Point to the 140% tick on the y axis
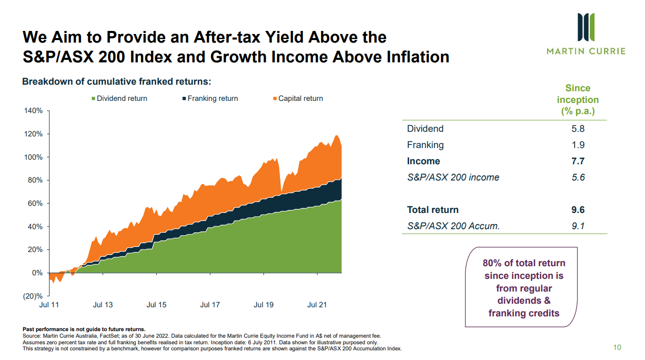[33, 111]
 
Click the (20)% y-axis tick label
[33, 296]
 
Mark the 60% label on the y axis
[35, 203]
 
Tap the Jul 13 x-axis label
[103, 305]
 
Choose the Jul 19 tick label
[264, 305]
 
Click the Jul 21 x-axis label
[317, 305]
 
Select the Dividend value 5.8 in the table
[578, 129]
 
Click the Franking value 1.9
[578, 145]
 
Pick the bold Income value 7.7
[578, 161]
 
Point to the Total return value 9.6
[578, 210]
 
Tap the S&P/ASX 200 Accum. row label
[453, 226]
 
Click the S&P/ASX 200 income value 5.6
[578, 177]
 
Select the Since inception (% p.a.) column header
[578, 100]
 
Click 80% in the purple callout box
[492, 263]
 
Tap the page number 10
[617, 347]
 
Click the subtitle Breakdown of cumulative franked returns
[116, 82]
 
